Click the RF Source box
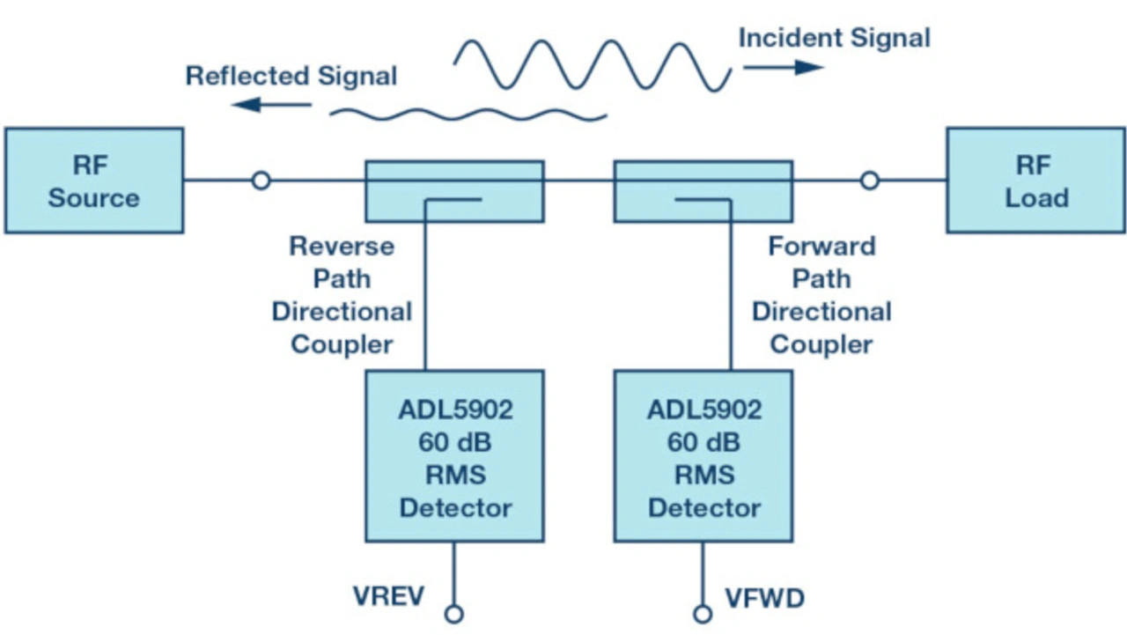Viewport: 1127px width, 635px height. tap(94, 181)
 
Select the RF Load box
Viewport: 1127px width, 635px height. tap(1035, 181)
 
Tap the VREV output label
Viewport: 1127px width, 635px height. tap(388, 596)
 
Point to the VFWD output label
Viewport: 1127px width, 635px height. tap(764, 599)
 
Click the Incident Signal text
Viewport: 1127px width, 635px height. tap(834, 38)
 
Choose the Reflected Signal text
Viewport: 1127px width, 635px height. tap(291, 76)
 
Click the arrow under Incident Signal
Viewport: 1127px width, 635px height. tap(782, 67)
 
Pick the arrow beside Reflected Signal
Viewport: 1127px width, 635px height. tap(273, 105)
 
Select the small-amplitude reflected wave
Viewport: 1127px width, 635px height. tap(468, 113)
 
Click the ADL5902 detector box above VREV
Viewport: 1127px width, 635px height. tap(454, 455)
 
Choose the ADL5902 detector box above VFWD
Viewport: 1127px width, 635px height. tap(703, 455)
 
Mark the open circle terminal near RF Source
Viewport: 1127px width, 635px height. tap(261, 181)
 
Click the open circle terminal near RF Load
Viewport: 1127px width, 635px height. tap(869, 181)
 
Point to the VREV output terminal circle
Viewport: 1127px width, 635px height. tap(454, 614)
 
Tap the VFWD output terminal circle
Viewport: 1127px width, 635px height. tap(703, 614)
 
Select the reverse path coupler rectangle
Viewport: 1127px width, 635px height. tap(454, 189)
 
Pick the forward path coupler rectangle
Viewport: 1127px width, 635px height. tap(703, 189)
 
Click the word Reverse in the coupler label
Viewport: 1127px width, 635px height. tap(342, 246)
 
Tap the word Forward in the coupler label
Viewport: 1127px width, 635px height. tap(821, 246)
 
